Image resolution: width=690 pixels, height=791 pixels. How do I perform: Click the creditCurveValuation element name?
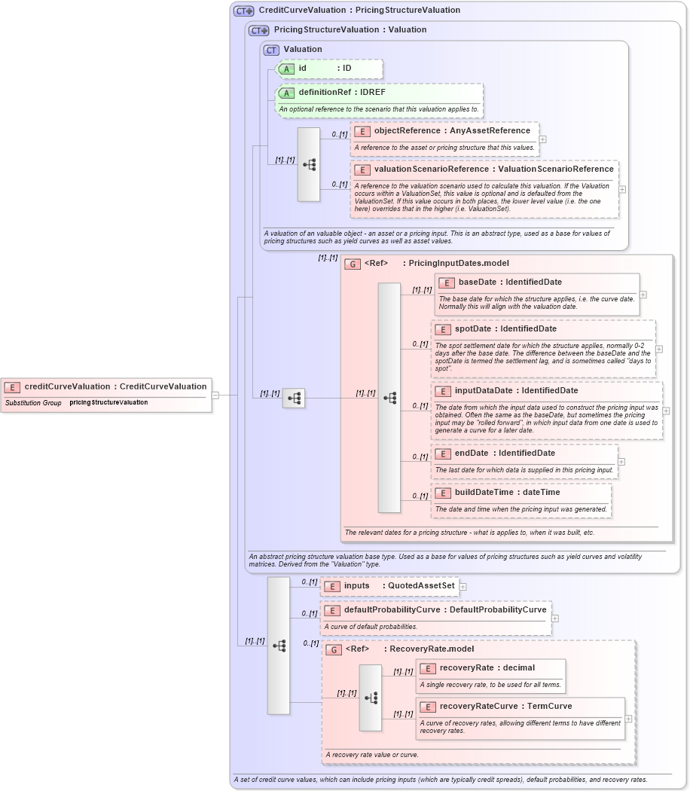pyautogui.click(x=67, y=386)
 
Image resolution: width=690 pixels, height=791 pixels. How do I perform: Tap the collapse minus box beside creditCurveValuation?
pyautogui.click(x=215, y=395)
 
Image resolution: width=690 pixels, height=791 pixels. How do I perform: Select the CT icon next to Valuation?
pyautogui.click(x=271, y=50)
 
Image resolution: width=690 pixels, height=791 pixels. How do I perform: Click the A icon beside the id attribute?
pyautogui.click(x=286, y=69)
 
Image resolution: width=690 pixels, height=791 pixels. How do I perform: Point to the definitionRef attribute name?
pyautogui.click(x=325, y=93)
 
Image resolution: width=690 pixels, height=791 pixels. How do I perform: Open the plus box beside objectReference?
pyautogui.click(x=542, y=139)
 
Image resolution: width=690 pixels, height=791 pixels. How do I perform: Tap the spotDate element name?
pyautogui.click(x=472, y=329)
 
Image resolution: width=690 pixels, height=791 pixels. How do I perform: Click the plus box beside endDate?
pyautogui.click(x=621, y=462)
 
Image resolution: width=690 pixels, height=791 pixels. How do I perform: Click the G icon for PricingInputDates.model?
pyautogui.click(x=353, y=264)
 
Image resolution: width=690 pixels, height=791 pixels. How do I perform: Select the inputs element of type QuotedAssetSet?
pyautogui.click(x=357, y=586)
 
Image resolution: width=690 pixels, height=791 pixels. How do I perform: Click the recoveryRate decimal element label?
pyautogui.click(x=466, y=668)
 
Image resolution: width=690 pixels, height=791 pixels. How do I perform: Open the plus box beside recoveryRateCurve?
pyautogui.click(x=628, y=719)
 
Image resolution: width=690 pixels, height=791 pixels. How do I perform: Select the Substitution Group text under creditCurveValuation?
pyautogui.click(x=33, y=403)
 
